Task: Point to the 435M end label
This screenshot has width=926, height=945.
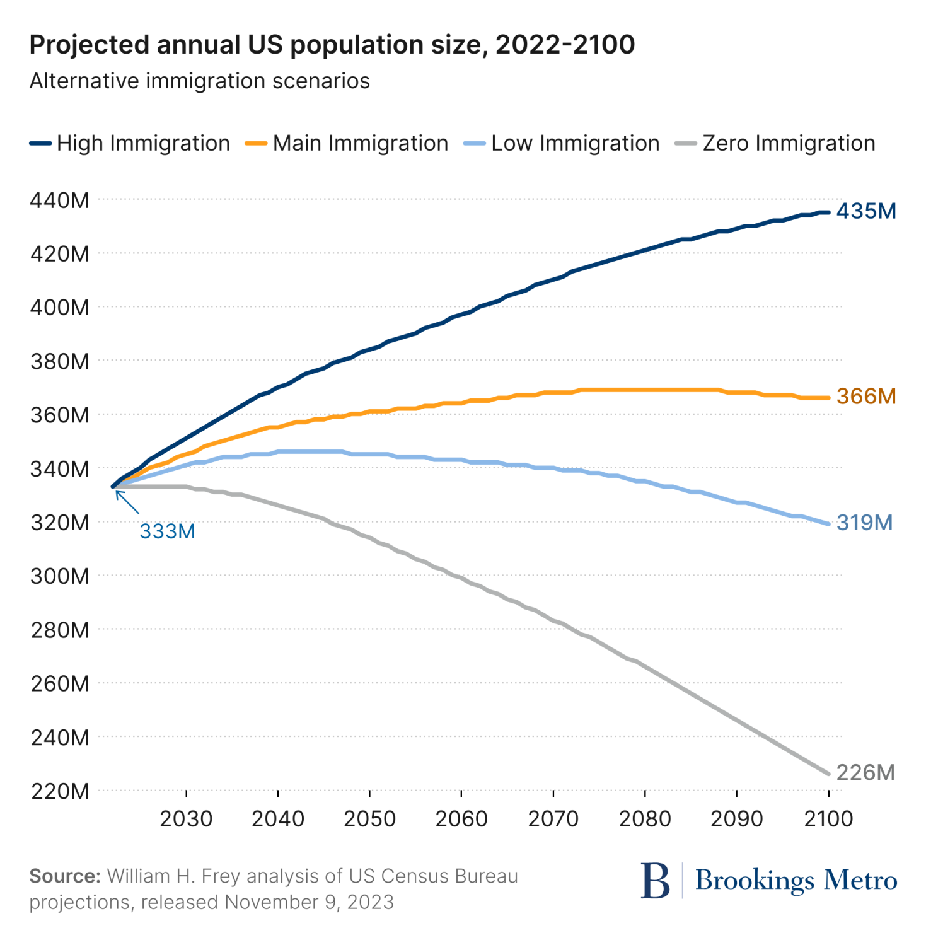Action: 866,211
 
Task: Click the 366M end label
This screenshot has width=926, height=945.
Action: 866,397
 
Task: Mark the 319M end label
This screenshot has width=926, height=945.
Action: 864,523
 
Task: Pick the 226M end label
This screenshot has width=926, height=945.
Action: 865,772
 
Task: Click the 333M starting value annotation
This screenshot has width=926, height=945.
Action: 167,531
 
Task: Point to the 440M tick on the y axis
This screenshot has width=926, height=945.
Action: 60,200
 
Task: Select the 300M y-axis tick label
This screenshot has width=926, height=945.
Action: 60,576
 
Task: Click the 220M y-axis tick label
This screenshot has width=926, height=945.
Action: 60,791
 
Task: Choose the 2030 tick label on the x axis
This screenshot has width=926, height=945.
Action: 186,819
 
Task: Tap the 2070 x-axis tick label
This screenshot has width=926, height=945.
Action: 553,819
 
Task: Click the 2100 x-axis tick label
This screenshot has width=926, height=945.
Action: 828,819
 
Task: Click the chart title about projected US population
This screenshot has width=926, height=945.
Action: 332,45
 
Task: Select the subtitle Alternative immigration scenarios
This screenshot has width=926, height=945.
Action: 199,81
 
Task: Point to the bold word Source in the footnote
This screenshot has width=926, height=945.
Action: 65,876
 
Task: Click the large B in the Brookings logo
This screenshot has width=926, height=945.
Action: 655,881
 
